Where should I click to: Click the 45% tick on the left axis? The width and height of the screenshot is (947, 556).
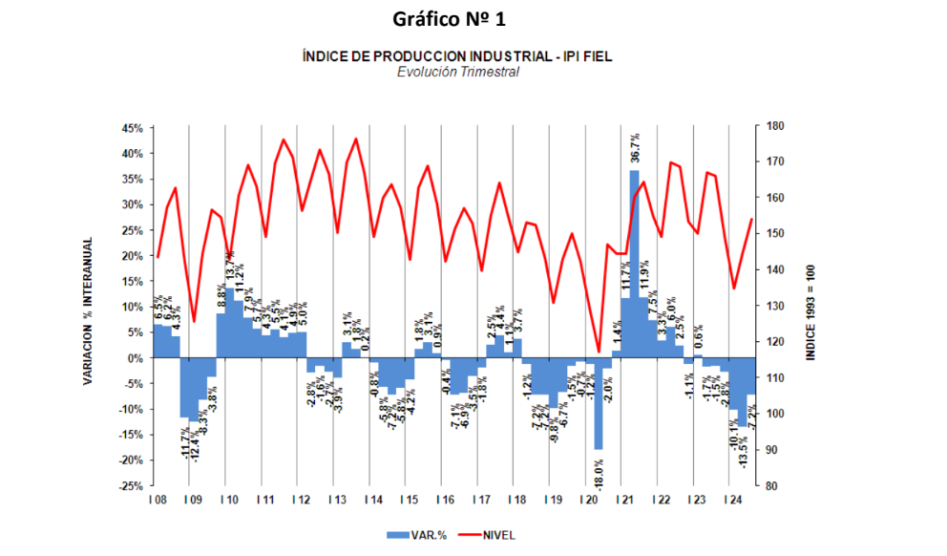[132, 128]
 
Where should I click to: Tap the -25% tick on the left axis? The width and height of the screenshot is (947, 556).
[130, 486]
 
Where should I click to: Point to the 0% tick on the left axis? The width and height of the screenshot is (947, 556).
[135, 358]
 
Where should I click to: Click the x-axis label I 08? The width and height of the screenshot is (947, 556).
[158, 501]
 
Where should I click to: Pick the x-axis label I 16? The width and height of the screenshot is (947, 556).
[445, 501]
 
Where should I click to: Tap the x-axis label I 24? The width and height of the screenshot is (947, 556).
[733, 501]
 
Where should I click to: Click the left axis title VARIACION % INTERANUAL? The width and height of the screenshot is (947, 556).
[87, 311]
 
